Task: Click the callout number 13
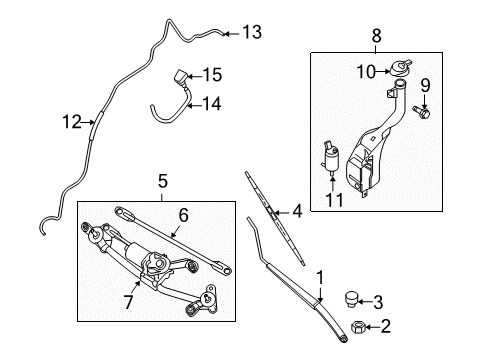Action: coord(252,32)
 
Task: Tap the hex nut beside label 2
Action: coord(358,327)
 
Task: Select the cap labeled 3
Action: coord(351,299)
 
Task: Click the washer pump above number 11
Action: coord(330,158)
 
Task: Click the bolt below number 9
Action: coord(421,112)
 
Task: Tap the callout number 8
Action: coord(376,35)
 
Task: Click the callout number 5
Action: coord(162,182)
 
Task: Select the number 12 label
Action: coord(72,122)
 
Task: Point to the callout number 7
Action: coord(128,302)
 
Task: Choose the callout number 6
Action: coord(183,215)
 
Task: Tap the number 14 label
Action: coord(212,104)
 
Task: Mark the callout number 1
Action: coord(320,277)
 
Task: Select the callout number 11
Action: coord(334,200)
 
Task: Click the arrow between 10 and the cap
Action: coord(383,71)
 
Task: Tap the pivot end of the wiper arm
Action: coord(343,338)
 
